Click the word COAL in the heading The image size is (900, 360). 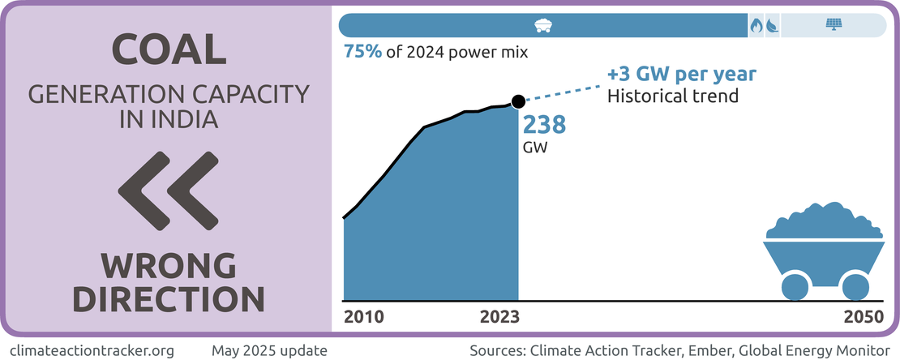tap(168, 50)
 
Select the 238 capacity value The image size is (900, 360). tap(543, 125)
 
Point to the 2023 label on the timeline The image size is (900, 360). tap(499, 316)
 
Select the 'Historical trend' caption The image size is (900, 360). tap(672, 96)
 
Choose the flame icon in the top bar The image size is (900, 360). tap(756, 25)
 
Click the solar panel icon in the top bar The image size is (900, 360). tap(833, 25)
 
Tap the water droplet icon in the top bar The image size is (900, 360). tap(772, 25)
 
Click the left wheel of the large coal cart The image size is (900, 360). tap(795, 286)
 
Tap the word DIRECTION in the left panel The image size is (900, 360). tap(168, 298)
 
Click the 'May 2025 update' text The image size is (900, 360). tap(269, 350)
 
